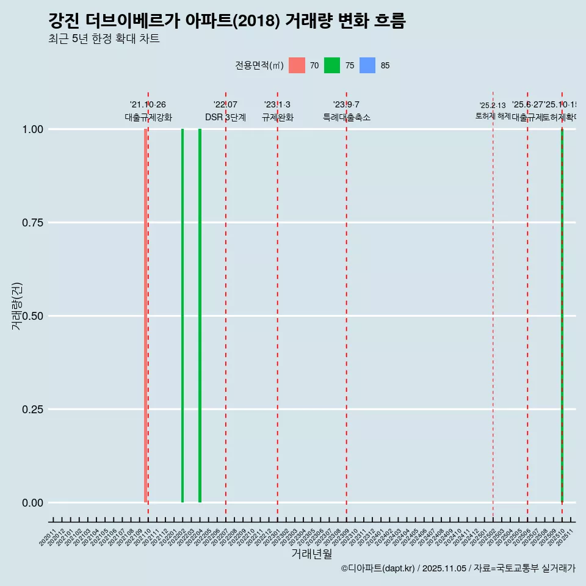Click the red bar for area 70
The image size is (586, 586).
[145, 316]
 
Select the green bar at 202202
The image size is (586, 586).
[183, 316]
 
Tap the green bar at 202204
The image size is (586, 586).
[200, 316]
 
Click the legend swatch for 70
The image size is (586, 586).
[297, 65]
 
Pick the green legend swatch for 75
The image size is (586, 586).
[332, 65]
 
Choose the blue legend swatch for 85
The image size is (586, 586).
[367, 65]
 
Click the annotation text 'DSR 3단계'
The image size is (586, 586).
[225, 118]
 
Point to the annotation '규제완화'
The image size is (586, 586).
[278, 118]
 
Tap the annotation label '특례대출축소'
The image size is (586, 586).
[347, 118]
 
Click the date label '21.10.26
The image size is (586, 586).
[148, 105]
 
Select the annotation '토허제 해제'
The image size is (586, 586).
[493, 116]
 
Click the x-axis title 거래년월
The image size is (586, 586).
[311, 554]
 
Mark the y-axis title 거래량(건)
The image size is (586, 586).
[17, 305]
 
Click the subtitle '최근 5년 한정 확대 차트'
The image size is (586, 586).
[104, 39]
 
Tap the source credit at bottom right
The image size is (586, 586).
[458, 568]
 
